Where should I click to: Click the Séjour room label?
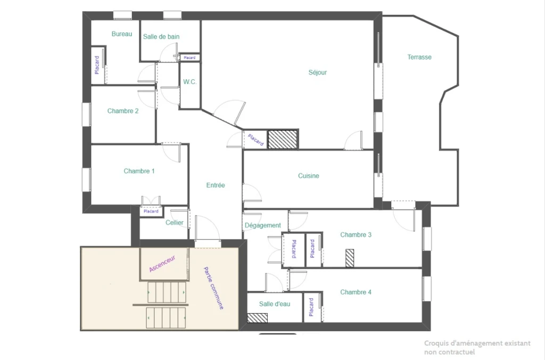tap(318, 72)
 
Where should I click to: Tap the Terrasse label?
tap(419, 57)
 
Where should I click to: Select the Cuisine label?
tap(309, 176)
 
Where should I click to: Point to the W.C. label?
tap(190, 82)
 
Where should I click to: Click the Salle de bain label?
tap(161, 37)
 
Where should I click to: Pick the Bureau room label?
tap(122, 34)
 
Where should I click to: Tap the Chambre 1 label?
tap(139, 171)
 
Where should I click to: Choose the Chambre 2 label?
tap(123, 111)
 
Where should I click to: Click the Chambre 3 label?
tap(356, 235)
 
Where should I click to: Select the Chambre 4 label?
tap(356, 292)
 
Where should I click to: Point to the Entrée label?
tap(216, 186)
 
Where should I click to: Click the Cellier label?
tap(175, 222)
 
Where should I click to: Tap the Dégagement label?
tap(263, 225)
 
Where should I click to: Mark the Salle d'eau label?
tap(275, 304)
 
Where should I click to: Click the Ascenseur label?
tap(162, 264)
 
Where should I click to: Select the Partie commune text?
tap(213, 288)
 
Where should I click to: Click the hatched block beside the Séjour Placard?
tap(283, 139)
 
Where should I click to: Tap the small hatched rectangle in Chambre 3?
tap(350, 258)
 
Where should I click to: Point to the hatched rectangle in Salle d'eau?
tap(257, 318)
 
